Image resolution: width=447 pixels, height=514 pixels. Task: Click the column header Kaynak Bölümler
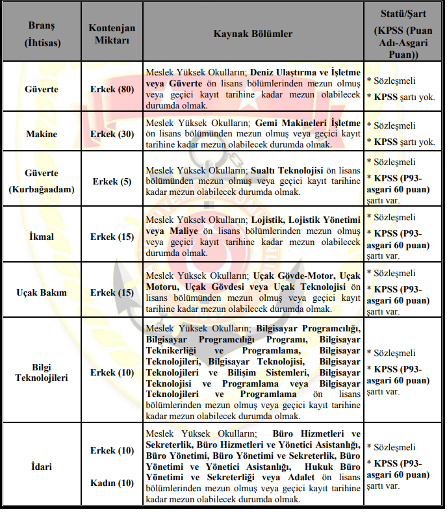(253, 34)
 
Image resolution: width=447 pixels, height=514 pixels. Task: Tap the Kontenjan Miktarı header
(112, 34)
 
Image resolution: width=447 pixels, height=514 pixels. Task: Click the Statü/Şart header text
(403, 13)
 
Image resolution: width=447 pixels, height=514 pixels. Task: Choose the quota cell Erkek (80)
(112, 88)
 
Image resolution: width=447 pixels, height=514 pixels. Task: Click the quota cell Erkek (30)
(112, 134)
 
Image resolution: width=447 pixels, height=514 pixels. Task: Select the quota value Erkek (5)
(112, 181)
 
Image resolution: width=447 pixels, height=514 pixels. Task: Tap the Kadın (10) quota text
(112, 483)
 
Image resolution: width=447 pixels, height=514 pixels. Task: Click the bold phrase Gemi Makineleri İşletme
(307, 122)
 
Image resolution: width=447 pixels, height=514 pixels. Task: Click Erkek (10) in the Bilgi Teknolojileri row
(112, 372)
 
